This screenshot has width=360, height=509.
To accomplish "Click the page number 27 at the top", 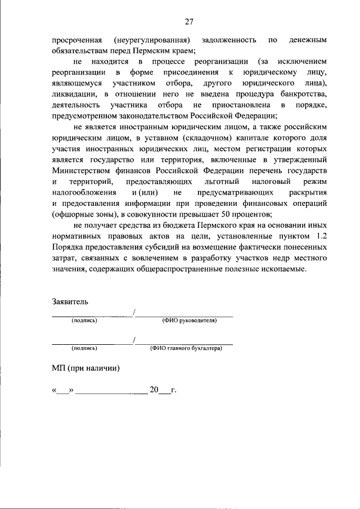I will click(x=188, y=21).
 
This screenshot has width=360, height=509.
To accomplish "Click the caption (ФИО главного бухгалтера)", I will click(x=186, y=349).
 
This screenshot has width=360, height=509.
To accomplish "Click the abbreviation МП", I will click(x=58, y=369).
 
